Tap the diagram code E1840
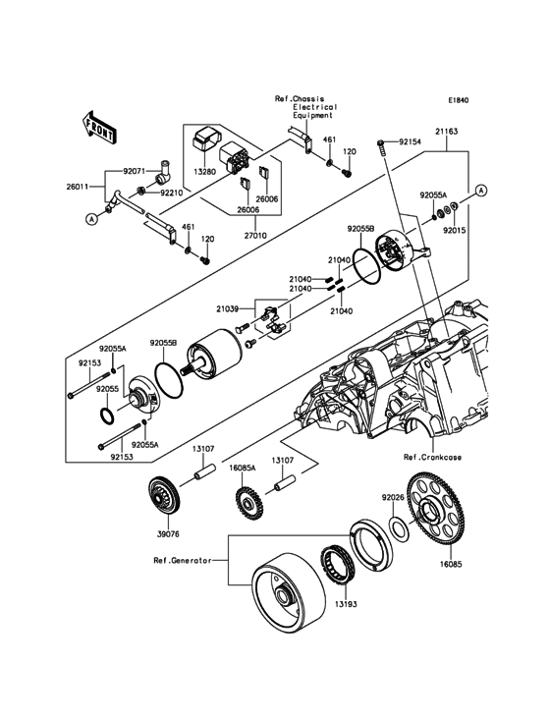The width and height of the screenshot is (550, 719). tap(460, 100)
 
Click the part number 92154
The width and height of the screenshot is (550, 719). tap(407, 142)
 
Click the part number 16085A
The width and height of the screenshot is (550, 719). tap(243, 470)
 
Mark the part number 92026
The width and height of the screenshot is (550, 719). tap(394, 497)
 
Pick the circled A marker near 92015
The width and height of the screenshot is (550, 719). tap(481, 189)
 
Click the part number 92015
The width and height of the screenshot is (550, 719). tap(457, 231)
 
